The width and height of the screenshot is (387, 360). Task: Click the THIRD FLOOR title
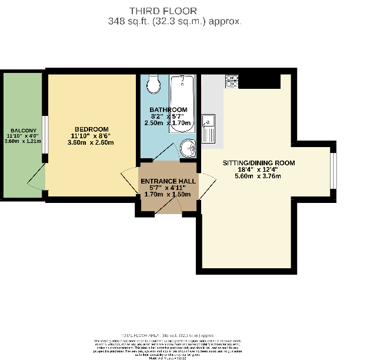pos(176,10)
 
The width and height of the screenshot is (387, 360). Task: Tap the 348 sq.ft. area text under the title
pos(176,21)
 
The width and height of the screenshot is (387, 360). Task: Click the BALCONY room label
pos(22,130)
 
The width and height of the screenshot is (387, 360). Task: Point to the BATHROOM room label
pos(168,110)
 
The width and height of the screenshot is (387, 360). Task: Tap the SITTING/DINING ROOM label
pos(258,163)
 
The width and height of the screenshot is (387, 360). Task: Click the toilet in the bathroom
pos(154,84)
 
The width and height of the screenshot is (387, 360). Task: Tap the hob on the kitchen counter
pos(232,81)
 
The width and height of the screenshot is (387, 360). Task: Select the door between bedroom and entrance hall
pos(128,179)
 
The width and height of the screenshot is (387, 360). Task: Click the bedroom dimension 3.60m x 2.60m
pos(91,142)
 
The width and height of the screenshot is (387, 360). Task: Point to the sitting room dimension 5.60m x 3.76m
pos(258,176)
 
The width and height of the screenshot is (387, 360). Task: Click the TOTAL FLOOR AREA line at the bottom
pos(175,334)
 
